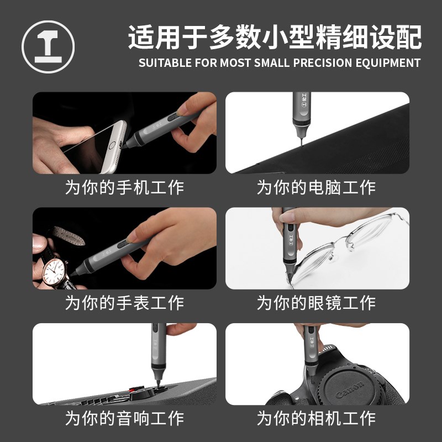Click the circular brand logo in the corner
pos(48,46)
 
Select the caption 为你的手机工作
pos(124,187)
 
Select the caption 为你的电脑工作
pos(317,187)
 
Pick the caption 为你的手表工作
pos(124,303)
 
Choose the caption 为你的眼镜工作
pos(317,303)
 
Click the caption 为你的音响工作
pos(124,418)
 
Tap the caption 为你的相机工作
pos(317,418)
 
